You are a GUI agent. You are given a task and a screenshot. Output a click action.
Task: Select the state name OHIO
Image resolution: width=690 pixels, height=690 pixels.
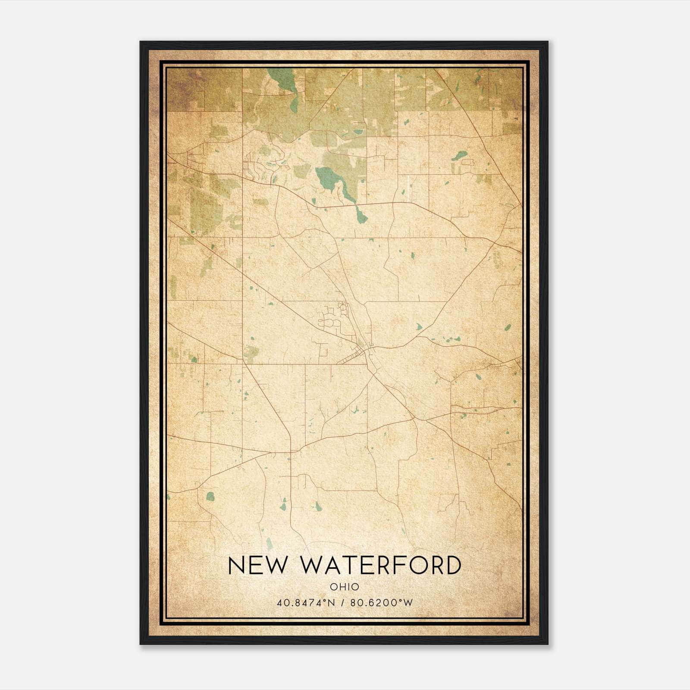pyautogui.click(x=344, y=586)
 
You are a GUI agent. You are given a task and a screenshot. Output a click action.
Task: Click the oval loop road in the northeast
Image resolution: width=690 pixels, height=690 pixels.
pyautogui.click(x=468, y=162)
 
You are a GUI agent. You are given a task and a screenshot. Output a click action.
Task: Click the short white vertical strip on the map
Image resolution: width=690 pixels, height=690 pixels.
pyautogui.click(x=407, y=188)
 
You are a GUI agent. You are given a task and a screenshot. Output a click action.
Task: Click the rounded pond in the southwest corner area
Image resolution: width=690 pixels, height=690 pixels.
pyautogui.click(x=210, y=496)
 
